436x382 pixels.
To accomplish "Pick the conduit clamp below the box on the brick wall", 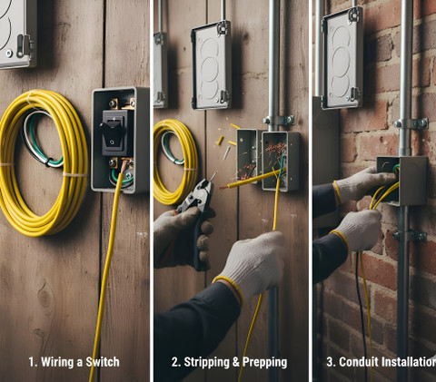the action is (x=410, y=236).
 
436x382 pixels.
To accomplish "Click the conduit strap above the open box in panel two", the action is (x=278, y=121).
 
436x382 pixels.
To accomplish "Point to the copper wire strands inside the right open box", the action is (x=274, y=152).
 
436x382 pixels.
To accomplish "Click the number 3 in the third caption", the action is (x=331, y=362).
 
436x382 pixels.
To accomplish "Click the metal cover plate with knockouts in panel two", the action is (x=212, y=65).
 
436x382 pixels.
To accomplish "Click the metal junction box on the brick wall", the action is (x=402, y=181).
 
